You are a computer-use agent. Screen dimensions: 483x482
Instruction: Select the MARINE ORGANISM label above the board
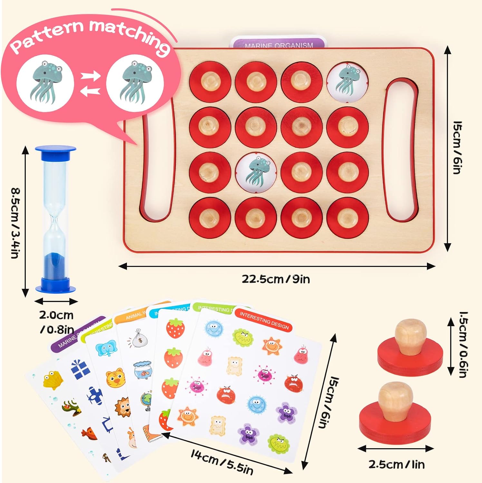[x=278, y=45]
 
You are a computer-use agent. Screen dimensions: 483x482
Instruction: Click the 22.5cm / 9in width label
[x=276, y=279]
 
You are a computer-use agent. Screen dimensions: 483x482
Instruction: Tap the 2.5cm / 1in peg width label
[x=396, y=464]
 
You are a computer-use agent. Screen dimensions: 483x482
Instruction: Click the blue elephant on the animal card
[x=106, y=349]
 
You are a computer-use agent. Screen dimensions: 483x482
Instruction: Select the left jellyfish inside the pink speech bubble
[x=45, y=82]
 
